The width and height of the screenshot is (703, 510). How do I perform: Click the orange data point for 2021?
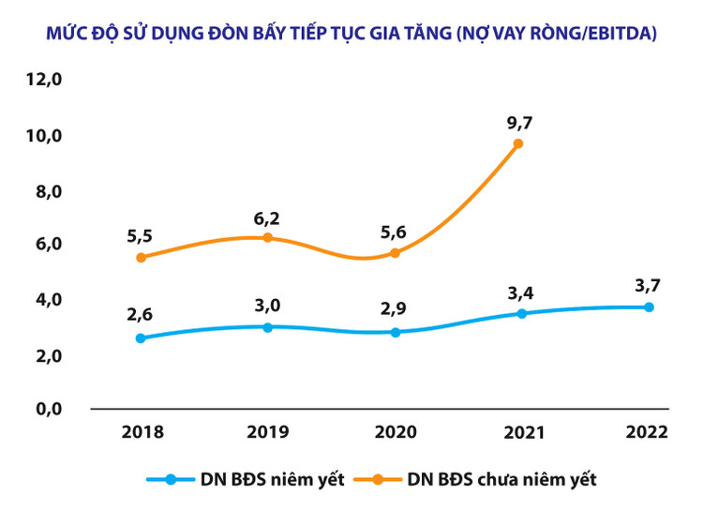pyautogui.click(x=518, y=143)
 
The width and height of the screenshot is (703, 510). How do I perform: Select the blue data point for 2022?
pyautogui.click(x=648, y=307)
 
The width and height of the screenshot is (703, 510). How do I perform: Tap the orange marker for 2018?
pyautogui.click(x=141, y=257)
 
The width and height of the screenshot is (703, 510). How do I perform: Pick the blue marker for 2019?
pyautogui.click(x=267, y=327)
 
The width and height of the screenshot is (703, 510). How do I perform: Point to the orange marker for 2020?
pyautogui.click(x=395, y=253)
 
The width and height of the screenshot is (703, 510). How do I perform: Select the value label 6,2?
pyautogui.click(x=267, y=218)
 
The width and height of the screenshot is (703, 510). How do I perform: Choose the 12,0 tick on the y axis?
pyautogui.click(x=44, y=81)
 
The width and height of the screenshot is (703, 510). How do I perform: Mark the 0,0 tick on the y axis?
pyautogui.click(x=44, y=409)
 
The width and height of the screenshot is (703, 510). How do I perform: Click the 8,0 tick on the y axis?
pyautogui.click(x=44, y=190)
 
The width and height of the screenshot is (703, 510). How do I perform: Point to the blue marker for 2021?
pyautogui.click(x=521, y=313)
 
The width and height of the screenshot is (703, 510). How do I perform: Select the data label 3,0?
pyautogui.click(x=267, y=305)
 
